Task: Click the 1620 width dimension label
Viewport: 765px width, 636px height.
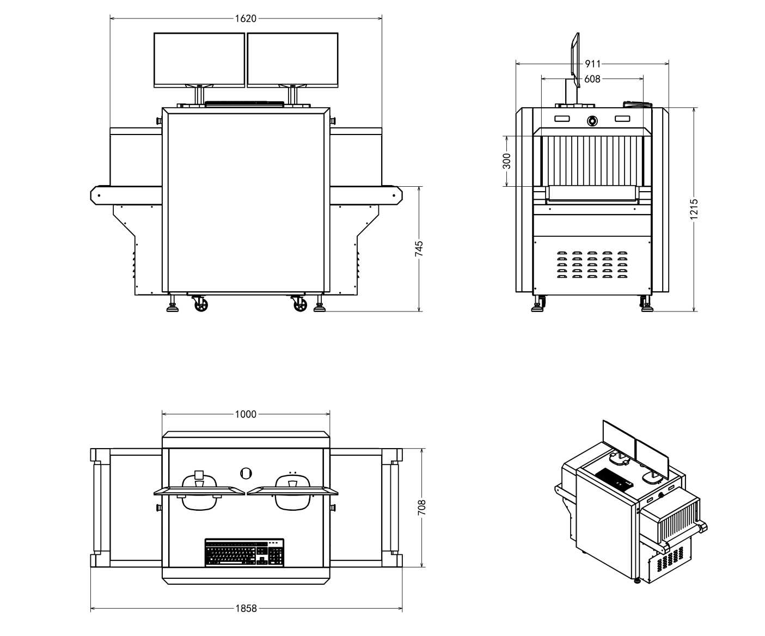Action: coord(246,19)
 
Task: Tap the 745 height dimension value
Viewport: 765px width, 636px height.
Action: coord(419,249)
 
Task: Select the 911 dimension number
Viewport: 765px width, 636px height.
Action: coord(592,64)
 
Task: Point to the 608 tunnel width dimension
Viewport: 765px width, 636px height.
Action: coord(592,79)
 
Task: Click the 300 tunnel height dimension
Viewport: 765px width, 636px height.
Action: coord(506,161)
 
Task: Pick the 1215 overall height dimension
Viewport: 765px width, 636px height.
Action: coord(694,210)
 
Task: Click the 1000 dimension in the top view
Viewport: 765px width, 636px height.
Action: coord(246,414)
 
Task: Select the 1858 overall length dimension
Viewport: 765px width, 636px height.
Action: coord(246,609)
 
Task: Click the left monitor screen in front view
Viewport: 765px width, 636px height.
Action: coord(199,59)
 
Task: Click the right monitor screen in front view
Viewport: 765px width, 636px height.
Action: coord(292,59)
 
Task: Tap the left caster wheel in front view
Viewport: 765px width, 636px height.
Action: coord(201,305)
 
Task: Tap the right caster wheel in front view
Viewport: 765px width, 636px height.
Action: coord(300,305)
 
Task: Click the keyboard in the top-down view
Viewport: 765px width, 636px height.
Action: coord(244,553)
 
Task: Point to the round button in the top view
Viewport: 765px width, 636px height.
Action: coord(246,473)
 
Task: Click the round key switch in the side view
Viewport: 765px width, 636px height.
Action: coord(592,120)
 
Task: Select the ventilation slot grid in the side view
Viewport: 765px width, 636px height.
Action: coord(592,265)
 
